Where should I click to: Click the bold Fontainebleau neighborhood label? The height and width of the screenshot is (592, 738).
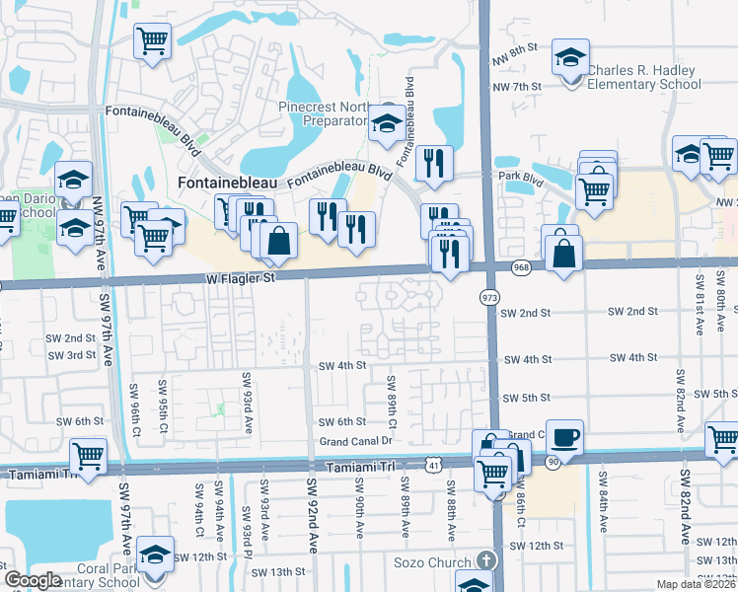227,183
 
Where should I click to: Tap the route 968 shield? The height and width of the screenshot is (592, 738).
521,267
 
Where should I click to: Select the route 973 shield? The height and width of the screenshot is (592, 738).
489,297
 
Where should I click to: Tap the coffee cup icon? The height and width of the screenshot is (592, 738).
565,436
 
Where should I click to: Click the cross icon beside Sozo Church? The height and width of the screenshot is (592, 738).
483,559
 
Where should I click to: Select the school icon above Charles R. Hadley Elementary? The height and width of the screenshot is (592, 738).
571,56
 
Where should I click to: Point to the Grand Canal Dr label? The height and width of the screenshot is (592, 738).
356,441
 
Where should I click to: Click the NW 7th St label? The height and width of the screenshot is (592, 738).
517,87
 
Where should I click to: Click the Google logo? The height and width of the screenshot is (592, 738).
34,580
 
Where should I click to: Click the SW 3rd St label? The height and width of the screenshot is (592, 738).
69,354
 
